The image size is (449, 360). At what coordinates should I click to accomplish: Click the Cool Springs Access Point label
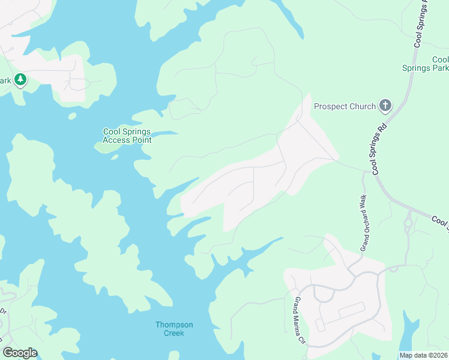127,136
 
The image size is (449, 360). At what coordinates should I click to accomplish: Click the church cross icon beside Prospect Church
385,107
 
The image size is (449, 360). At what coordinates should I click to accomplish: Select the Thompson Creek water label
174,329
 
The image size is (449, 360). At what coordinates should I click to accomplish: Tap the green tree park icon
20,79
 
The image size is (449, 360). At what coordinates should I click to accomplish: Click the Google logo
20,353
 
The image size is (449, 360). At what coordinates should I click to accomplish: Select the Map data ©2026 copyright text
423,355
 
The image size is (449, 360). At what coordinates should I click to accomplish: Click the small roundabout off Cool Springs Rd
408,224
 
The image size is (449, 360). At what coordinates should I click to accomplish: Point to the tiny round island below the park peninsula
72,116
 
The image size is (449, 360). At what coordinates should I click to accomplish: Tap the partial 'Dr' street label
3,312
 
